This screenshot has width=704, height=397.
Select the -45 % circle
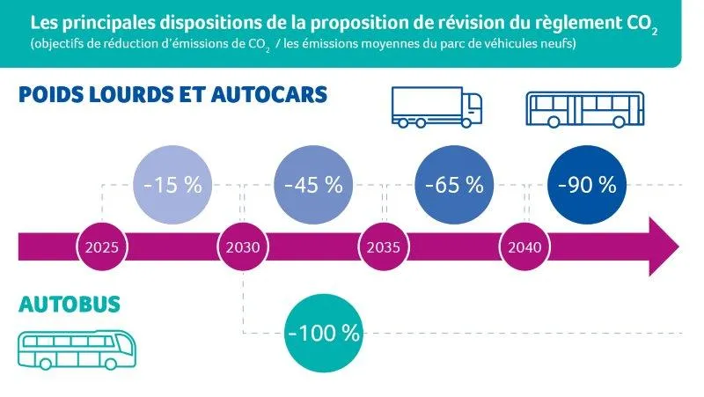[x=312, y=186]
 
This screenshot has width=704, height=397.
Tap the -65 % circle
[x=454, y=186]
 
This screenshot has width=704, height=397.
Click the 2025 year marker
[x=102, y=246]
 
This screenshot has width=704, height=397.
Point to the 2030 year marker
[x=242, y=246]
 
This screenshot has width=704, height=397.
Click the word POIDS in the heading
[x=54, y=94]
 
